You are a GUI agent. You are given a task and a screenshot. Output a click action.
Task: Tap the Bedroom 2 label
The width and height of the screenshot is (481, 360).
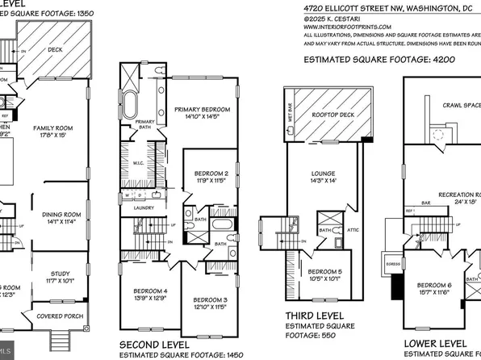(x=210, y=174)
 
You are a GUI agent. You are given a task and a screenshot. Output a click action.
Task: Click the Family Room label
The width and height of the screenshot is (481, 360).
(x=53, y=128)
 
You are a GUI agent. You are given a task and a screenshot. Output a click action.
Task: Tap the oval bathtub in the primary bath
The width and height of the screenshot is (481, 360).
(x=130, y=107)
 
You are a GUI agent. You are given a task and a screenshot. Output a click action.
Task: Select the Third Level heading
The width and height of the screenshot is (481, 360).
(x=315, y=314)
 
